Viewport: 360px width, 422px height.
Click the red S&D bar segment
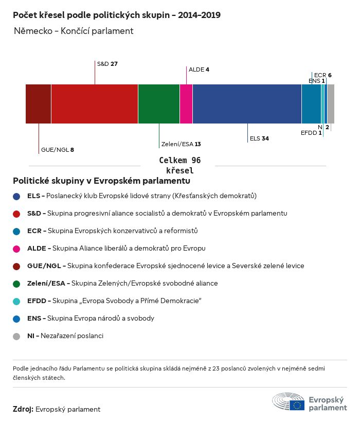[x=95, y=104]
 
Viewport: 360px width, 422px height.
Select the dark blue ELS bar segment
[x=247, y=104]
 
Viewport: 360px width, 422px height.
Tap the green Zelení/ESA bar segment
[x=159, y=104]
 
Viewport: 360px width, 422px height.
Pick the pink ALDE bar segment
[x=186, y=104]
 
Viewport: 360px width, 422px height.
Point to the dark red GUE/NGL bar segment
[x=39, y=104]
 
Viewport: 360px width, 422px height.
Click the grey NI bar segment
[x=331, y=104]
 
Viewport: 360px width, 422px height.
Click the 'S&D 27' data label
[x=107, y=64]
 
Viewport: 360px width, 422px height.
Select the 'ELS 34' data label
[x=259, y=138]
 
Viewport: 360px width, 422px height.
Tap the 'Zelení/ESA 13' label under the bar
[x=181, y=144]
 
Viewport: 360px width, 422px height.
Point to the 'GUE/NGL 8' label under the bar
[x=57, y=150]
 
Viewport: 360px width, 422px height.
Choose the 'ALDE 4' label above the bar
[x=199, y=69]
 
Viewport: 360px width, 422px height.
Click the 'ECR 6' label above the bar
[x=322, y=75]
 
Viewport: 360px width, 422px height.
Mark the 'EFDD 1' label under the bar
[x=311, y=133]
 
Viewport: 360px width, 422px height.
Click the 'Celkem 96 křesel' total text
[x=179, y=165]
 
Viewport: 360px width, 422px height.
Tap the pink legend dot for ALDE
[x=17, y=249]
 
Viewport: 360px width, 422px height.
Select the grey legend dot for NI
[x=17, y=336]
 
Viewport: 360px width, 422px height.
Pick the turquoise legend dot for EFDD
[x=17, y=301]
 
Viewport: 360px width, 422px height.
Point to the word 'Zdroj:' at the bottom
[x=23, y=409]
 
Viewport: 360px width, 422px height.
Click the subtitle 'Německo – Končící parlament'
[x=74, y=31]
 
